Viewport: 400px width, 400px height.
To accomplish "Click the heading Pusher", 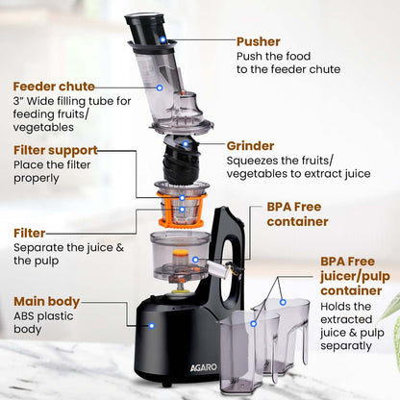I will (x=259, y=42).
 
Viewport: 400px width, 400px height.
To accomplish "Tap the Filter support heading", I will (x=56, y=150).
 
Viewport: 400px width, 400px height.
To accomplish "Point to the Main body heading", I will (x=46, y=301).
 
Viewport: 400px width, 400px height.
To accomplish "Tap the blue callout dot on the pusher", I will (x=162, y=40).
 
